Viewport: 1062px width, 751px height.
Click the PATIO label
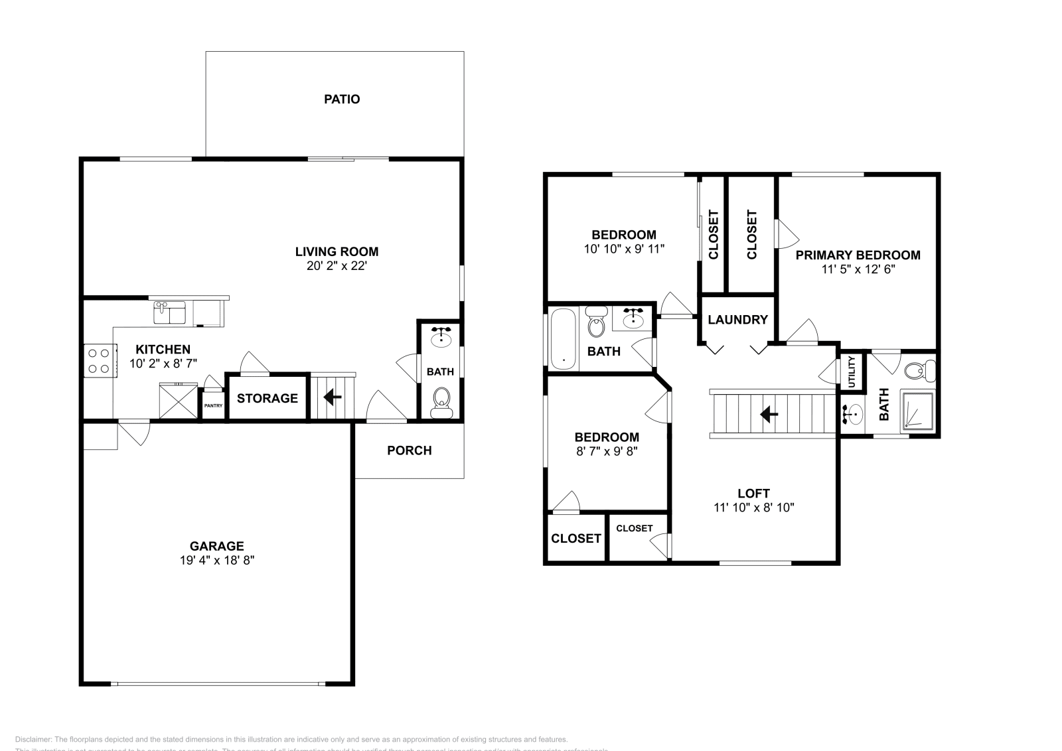point(342,100)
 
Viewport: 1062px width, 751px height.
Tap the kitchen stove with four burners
point(99,361)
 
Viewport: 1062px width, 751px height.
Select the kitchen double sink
point(169,312)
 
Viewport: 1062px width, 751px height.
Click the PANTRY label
point(213,406)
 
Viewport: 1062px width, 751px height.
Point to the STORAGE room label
point(267,398)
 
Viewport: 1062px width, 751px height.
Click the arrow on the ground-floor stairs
point(333,397)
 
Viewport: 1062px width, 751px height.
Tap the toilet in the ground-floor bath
point(441,402)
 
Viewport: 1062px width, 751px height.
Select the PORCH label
point(410,450)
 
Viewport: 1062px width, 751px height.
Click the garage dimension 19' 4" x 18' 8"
point(217,560)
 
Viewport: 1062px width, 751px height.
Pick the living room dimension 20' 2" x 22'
point(337,265)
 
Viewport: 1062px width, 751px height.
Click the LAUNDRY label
point(737,320)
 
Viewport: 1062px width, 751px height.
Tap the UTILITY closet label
point(852,372)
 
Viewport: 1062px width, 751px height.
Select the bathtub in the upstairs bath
point(564,338)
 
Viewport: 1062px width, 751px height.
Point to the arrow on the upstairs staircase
point(769,415)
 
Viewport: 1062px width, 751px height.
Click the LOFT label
point(753,493)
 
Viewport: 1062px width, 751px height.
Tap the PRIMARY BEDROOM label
point(858,255)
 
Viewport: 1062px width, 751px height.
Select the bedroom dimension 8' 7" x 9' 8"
point(607,451)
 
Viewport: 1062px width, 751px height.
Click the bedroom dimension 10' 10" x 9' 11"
point(624,249)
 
